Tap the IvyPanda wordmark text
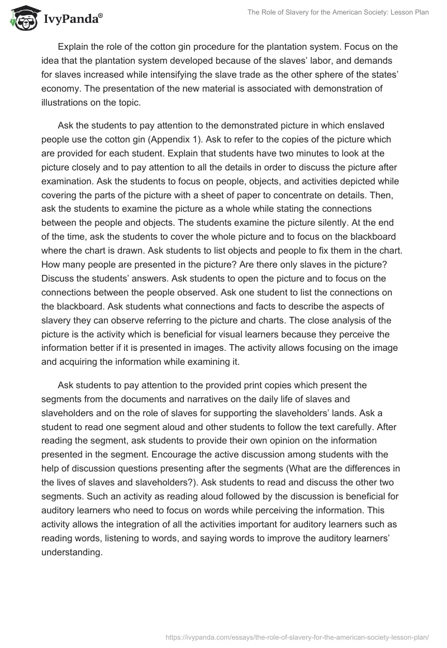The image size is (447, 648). (72, 21)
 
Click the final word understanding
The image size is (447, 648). (71, 544)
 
